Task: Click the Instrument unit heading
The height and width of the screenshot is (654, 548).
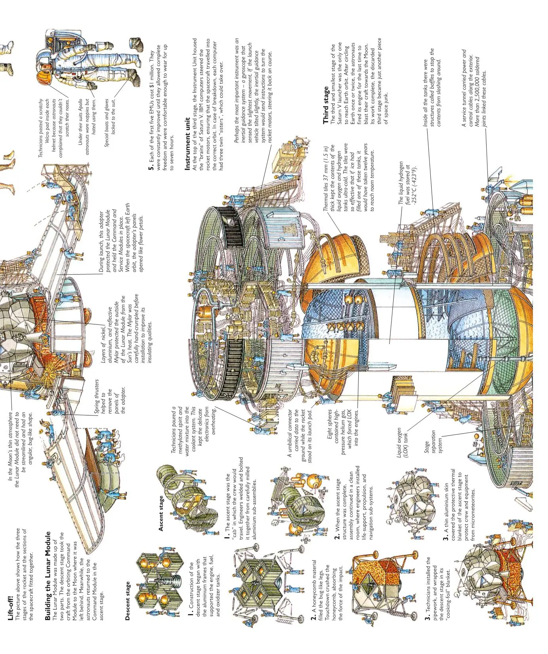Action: tap(188, 144)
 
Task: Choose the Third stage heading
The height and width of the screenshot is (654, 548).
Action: tap(326, 105)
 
